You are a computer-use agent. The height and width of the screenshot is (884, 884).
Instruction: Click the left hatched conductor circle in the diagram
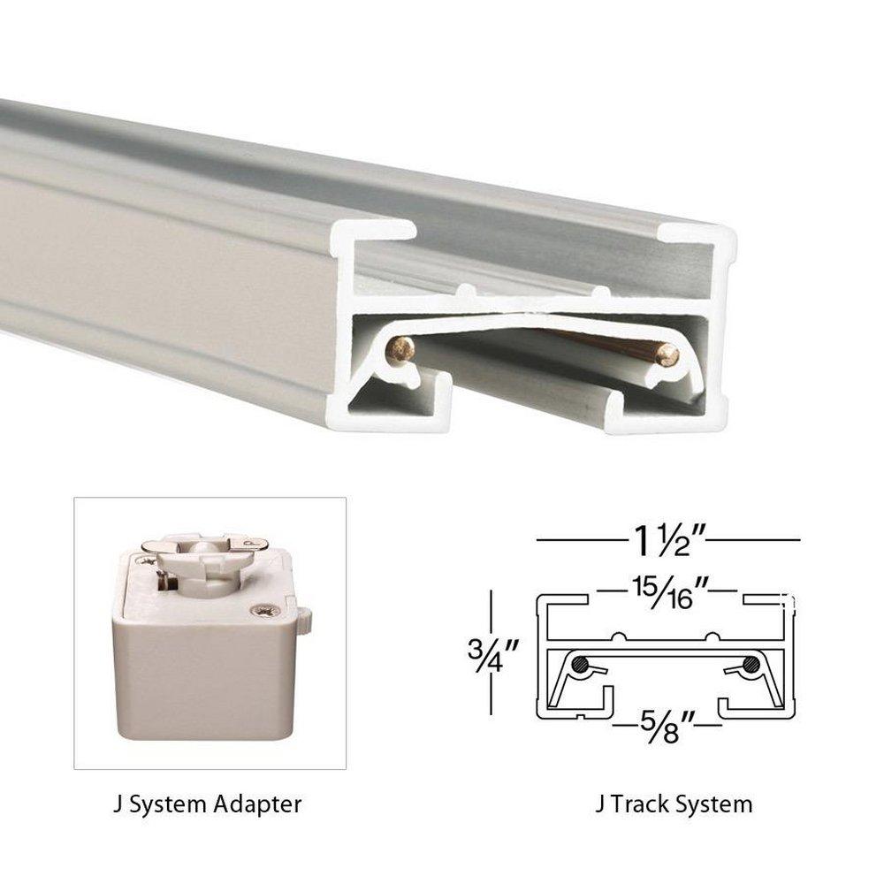tap(583, 666)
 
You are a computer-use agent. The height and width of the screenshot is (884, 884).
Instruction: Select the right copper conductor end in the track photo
tap(667, 356)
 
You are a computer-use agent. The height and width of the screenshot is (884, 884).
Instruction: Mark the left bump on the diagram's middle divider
tap(624, 637)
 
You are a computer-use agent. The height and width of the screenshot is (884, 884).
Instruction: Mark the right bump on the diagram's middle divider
tap(711, 637)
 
